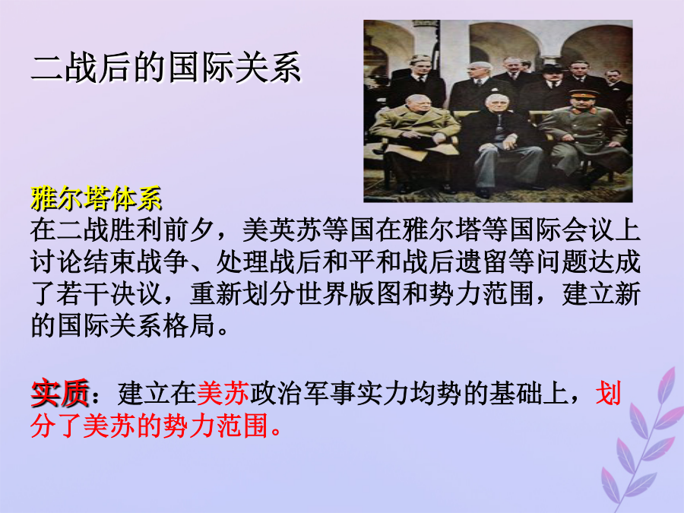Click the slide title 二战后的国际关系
[x=166, y=68]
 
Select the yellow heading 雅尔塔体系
[x=97, y=198]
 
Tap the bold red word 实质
[x=60, y=393]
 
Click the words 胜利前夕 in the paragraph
[x=162, y=230]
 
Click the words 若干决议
[x=109, y=293]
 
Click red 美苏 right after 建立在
[x=223, y=393]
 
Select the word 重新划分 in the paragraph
[x=242, y=293]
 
